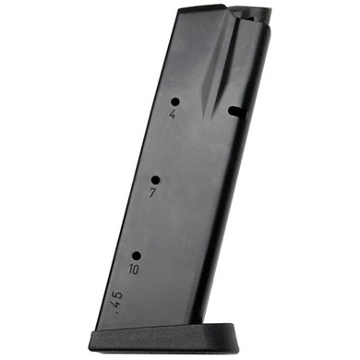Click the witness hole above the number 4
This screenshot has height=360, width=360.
174,102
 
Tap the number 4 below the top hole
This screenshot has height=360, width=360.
173,116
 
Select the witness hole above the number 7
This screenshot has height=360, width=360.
155,180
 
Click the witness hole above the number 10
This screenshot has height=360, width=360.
136,256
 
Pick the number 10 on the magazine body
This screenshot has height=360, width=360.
134,270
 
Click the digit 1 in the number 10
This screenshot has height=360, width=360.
130,270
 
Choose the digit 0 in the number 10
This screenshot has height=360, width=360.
137,271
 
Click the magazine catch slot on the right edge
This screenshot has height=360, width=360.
236,113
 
